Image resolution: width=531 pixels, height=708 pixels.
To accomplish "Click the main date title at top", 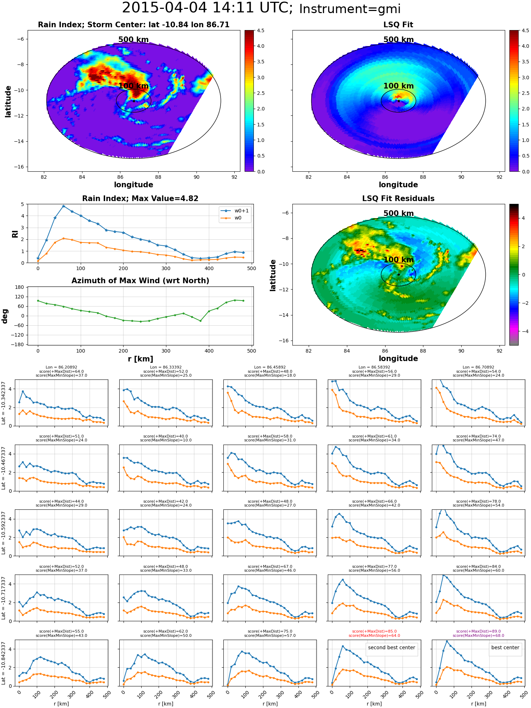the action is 261,8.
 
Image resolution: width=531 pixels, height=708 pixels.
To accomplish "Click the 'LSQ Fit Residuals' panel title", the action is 398,199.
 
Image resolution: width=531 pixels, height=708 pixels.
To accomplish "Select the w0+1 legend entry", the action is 235,211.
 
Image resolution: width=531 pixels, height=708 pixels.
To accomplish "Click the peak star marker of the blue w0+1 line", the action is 63,206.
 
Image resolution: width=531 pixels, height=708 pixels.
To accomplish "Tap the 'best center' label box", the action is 505,647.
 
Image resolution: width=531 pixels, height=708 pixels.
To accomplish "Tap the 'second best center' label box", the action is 392,647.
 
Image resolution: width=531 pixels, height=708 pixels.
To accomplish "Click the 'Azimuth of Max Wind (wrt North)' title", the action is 140,281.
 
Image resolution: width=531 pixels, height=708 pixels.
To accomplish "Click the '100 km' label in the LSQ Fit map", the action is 398,86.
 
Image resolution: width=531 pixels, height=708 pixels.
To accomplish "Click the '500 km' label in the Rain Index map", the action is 133,40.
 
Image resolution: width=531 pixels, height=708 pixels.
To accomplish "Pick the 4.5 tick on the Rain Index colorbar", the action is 261,30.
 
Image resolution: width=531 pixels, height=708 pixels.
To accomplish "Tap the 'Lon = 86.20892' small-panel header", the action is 61,367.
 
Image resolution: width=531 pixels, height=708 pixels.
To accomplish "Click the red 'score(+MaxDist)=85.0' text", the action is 374,631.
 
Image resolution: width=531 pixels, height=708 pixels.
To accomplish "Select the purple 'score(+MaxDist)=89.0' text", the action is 478,631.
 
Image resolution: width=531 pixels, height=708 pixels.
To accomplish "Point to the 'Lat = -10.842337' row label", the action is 4,663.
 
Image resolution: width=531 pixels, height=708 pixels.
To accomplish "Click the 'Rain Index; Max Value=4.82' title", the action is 140,199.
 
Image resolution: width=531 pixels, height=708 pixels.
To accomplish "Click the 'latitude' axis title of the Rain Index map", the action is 8,101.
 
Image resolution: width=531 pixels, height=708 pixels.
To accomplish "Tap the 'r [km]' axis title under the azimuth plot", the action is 140,359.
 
